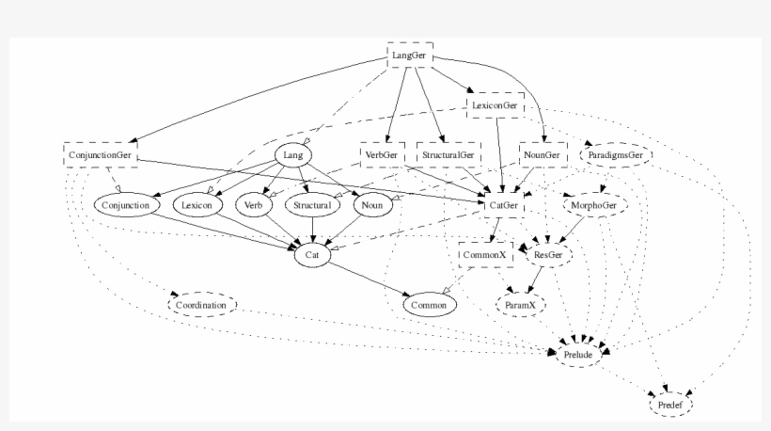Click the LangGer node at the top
[x=410, y=55]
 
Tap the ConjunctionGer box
[x=101, y=153]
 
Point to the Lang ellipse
[x=291, y=155]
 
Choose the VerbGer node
[x=381, y=154]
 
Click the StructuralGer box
[x=448, y=154]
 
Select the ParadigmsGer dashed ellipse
[x=616, y=154]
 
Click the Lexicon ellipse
[x=197, y=204]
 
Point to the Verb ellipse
[x=252, y=204]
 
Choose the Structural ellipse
[x=310, y=204]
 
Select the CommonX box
[x=484, y=254]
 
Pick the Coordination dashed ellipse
[x=202, y=305]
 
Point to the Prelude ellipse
[x=576, y=355]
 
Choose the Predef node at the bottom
[x=671, y=405]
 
